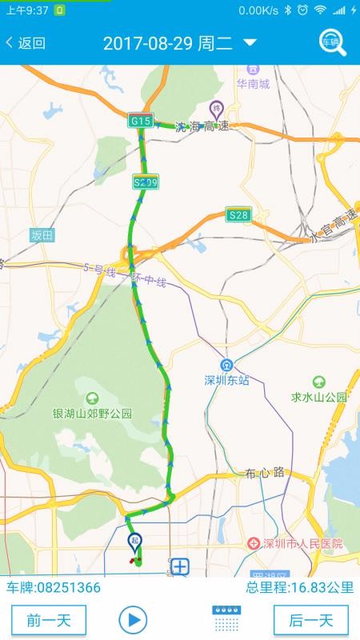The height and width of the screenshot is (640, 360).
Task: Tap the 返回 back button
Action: pos(26,43)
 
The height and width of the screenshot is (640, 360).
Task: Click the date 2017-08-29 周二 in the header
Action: pos(168,43)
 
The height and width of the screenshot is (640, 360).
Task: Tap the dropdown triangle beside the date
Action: pos(250,42)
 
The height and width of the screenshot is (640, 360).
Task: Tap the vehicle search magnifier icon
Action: pos(332,42)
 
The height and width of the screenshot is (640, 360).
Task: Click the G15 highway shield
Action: pos(141,121)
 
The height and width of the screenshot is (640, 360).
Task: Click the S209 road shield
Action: pos(146,182)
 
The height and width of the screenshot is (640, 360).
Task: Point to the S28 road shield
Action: pos(238,215)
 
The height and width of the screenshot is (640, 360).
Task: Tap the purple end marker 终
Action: pos(216,108)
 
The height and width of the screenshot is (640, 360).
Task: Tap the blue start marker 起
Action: pos(135,542)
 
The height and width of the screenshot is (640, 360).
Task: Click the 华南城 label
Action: pos(253,84)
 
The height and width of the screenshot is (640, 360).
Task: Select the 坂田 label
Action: pos(42,235)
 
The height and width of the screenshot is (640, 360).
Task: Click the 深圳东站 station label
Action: pos(226,380)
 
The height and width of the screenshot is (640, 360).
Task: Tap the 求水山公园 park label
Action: pos(319,397)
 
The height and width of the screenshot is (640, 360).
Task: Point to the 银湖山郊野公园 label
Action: pos(92,414)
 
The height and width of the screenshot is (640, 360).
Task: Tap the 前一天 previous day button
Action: pos(49,620)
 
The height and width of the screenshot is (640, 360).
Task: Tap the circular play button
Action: pos(133,619)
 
